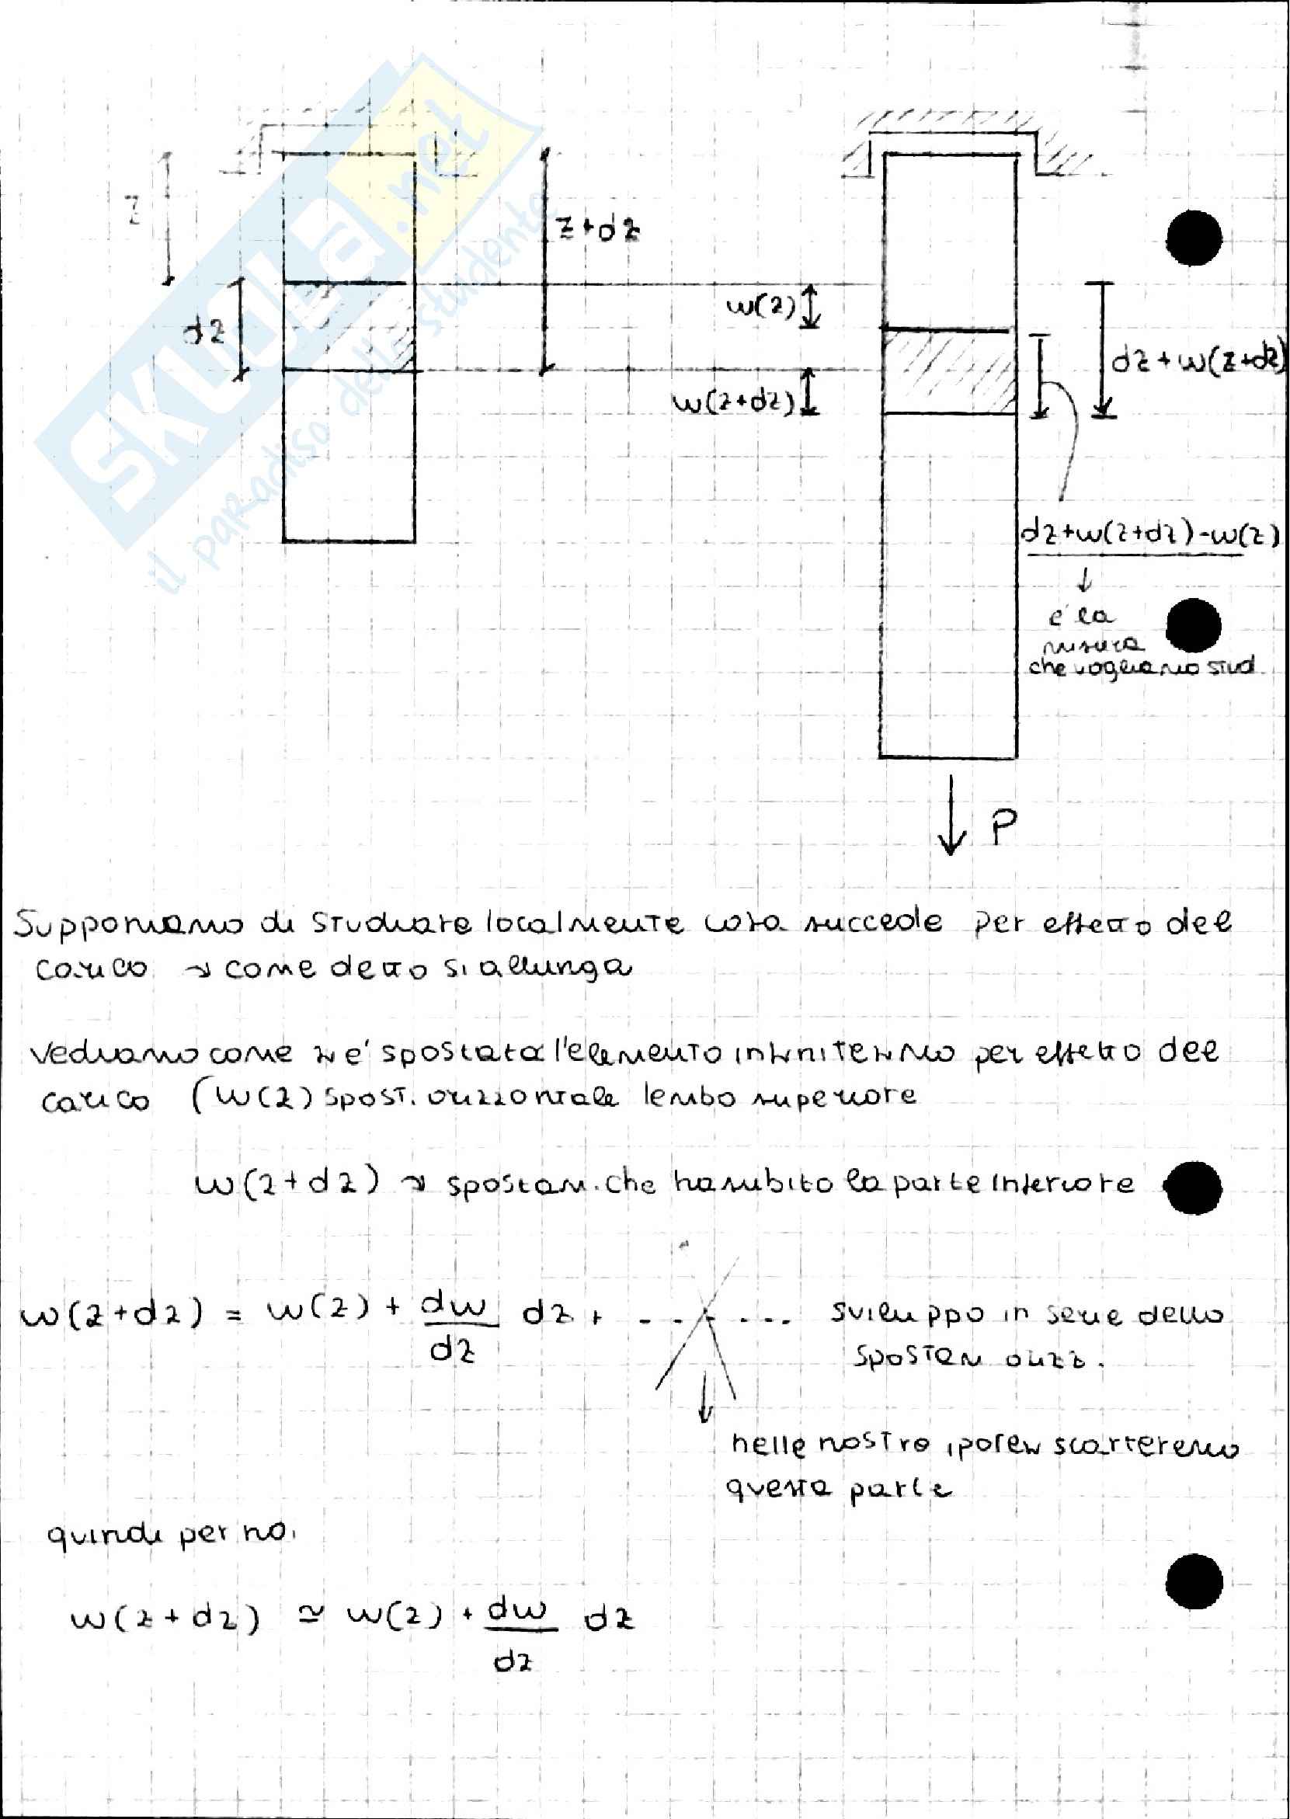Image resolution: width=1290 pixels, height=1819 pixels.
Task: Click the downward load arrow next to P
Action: coord(951,826)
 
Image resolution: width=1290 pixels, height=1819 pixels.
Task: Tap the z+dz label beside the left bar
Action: coord(597,231)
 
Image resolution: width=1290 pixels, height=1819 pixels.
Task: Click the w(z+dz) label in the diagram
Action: coord(733,403)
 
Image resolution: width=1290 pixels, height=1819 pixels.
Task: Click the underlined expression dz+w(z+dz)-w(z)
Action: coord(1149,536)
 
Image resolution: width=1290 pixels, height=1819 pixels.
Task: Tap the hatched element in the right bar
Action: coord(948,372)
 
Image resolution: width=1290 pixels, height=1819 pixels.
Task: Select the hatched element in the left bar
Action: coord(349,326)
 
